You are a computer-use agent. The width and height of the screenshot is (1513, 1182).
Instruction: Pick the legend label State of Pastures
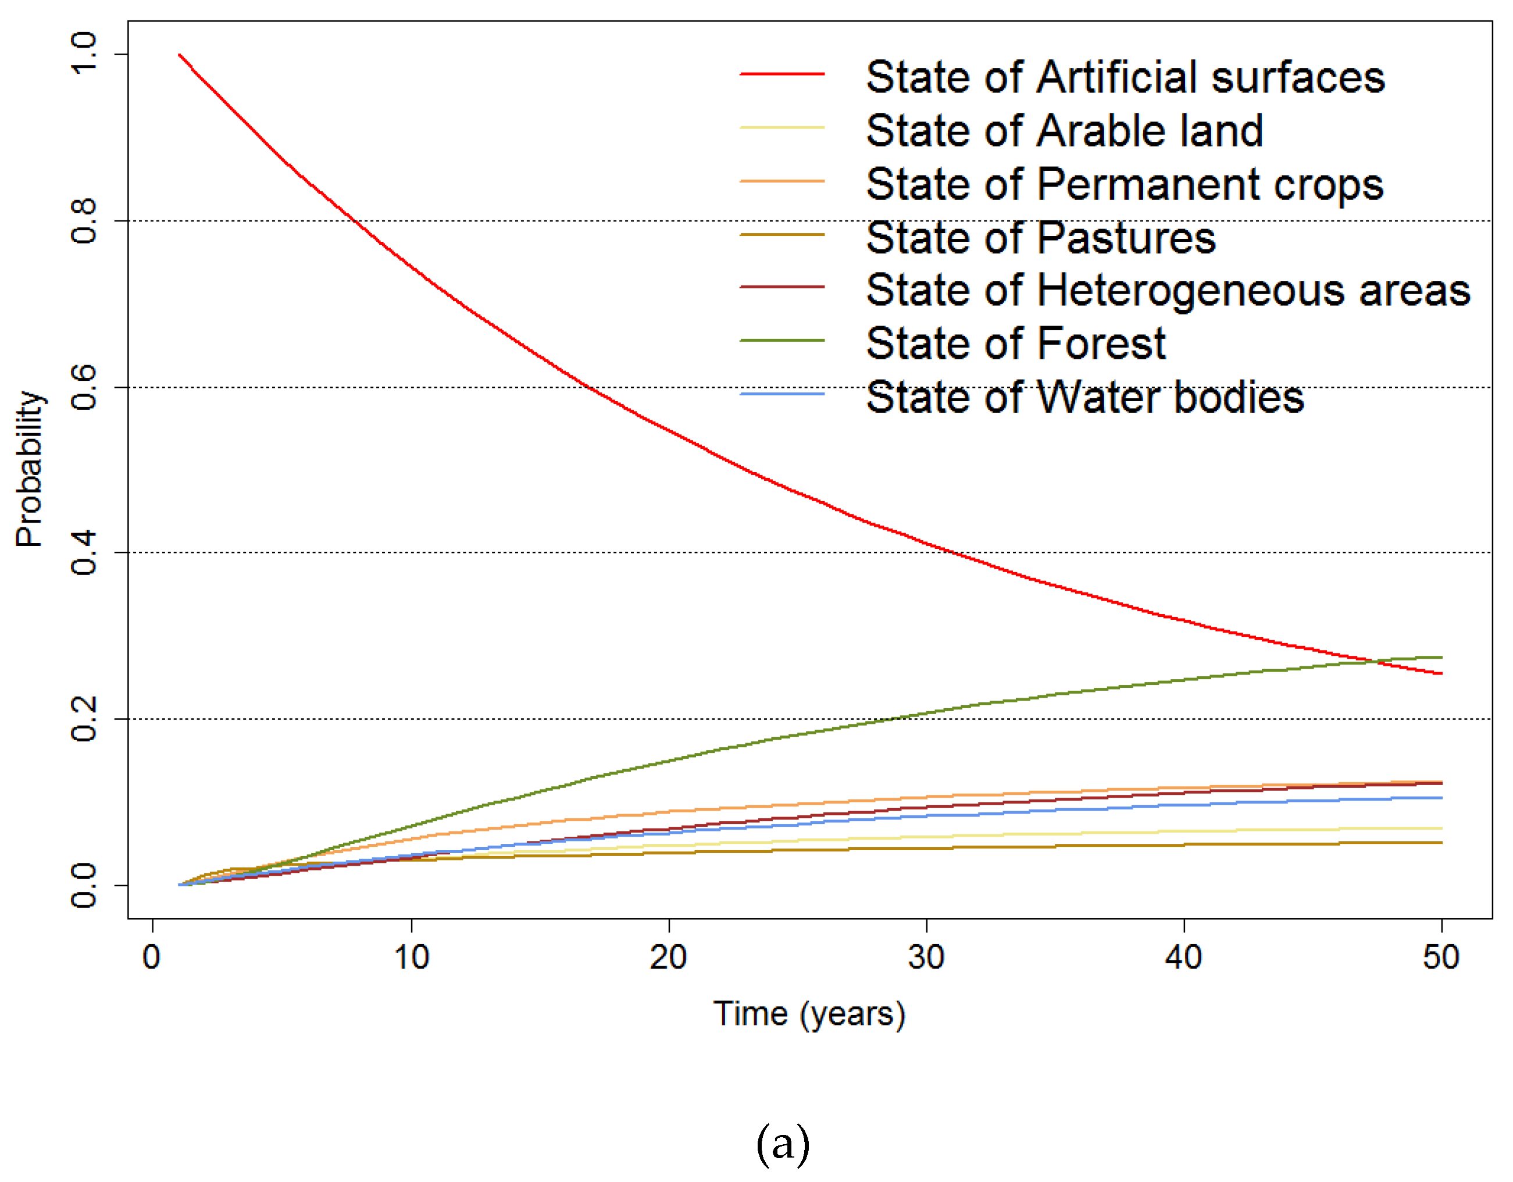(x=1040, y=238)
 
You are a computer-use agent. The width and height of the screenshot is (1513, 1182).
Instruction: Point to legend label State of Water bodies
(x=1085, y=397)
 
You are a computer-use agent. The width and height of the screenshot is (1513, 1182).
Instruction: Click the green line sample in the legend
(x=782, y=340)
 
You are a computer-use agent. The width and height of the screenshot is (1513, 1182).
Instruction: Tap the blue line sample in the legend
(x=782, y=394)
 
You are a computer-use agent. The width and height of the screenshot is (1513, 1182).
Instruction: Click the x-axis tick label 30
(x=926, y=958)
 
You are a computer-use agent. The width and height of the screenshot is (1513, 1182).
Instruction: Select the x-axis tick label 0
(x=152, y=958)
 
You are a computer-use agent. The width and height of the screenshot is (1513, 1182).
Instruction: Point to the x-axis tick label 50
(x=1441, y=958)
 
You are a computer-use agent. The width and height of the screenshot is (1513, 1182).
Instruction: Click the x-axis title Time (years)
(x=809, y=1015)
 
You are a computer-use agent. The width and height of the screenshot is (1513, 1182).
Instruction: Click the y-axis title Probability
(x=29, y=469)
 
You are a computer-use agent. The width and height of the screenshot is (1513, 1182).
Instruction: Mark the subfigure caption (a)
(x=782, y=1143)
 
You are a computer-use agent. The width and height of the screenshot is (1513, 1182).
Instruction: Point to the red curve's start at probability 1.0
(x=180, y=54)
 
